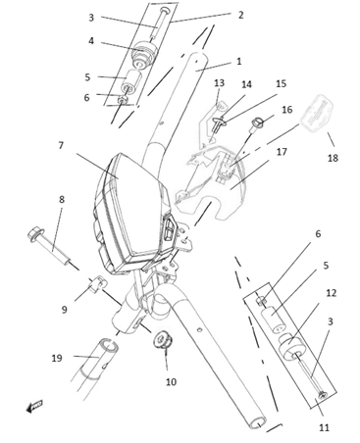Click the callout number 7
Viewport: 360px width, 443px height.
click(x=61, y=145)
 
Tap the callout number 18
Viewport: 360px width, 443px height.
click(x=333, y=158)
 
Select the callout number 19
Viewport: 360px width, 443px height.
click(x=57, y=358)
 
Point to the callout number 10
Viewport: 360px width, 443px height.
click(x=171, y=381)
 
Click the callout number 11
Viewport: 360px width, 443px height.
click(x=324, y=427)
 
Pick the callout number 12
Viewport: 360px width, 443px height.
click(x=332, y=293)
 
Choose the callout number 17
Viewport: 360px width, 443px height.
click(x=282, y=152)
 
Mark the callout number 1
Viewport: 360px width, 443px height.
click(x=239, y=61)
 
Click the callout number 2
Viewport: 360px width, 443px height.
click(x=240, y=15)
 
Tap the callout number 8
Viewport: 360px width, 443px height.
click(x=62, y=199)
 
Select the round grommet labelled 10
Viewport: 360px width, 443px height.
click(x=163, y=340)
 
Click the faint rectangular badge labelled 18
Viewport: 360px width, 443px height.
click(x=317, y=112)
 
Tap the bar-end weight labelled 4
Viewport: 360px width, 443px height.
click(x=143, y=54)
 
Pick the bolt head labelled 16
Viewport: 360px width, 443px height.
click(x=257, y=123)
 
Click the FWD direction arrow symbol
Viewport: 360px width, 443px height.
click(x=34, y=406)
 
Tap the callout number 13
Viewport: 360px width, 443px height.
click(x=219, y=83)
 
